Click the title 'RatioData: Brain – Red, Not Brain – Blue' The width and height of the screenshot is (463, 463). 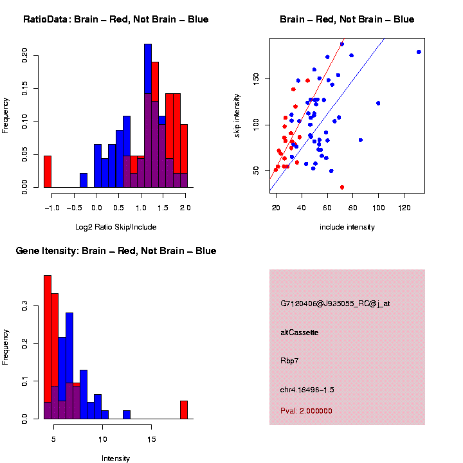[x=116, y=19]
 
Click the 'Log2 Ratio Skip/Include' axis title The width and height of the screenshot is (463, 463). [x=116, y=227]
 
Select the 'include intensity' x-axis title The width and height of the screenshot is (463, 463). [x=347, y=227]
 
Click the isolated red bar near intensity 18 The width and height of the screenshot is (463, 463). [x=183, y=410]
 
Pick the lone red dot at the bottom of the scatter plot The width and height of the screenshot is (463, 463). [x=341, y=187]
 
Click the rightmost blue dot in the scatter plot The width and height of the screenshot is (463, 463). [x=419, y=52]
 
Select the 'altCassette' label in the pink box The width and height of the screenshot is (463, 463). [x=300, y=332]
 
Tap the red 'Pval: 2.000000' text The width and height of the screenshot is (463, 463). [x=306, y=411]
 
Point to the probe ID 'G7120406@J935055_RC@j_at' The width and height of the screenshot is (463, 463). [x=335, y=304]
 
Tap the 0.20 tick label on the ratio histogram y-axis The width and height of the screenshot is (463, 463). [x=25, y=55]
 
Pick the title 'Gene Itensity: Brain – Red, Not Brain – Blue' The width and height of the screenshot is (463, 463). [x=116, y=251]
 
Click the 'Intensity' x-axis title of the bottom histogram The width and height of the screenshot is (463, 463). [x=116, y=458]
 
